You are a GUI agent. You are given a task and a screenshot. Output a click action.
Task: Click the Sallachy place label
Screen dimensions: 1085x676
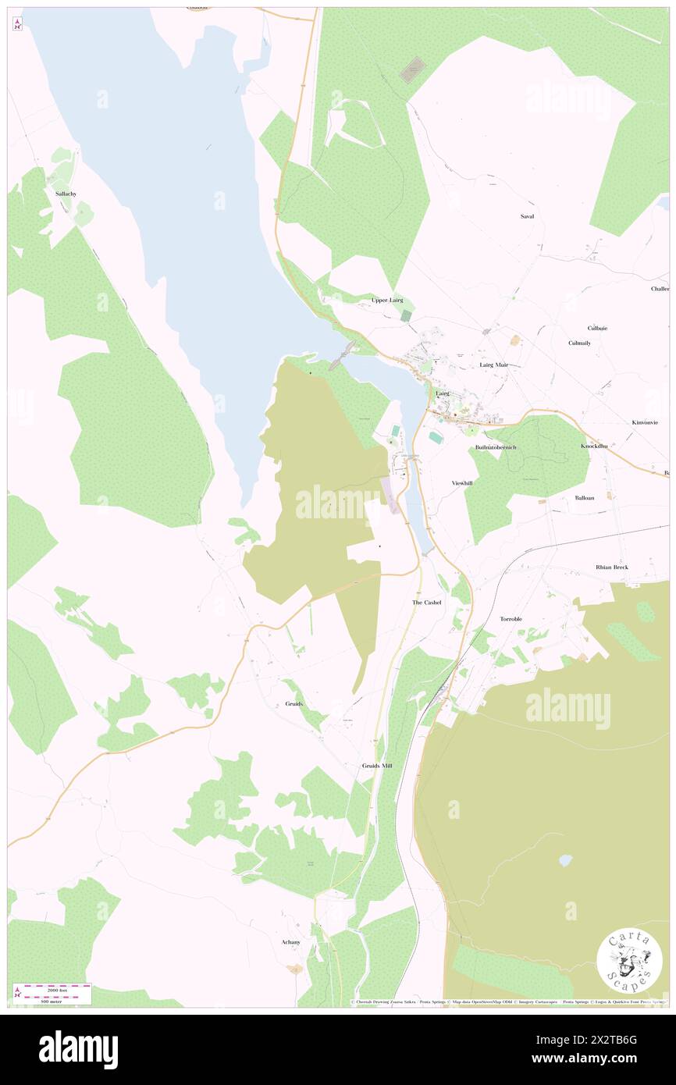pos(66,193)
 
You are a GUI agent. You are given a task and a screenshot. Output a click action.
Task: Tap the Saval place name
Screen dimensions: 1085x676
pos(527,216)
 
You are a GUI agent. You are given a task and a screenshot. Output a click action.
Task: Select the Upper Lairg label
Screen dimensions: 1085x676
pos(390,300)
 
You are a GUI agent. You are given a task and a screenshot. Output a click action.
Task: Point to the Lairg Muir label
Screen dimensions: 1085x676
pos(493,365)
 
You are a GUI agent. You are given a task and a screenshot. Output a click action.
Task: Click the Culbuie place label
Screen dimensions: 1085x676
pos(597,328)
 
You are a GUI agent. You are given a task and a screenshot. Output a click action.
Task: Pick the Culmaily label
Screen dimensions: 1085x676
pos(579,343)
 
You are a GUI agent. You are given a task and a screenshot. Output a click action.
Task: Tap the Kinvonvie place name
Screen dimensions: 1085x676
pos(644,422)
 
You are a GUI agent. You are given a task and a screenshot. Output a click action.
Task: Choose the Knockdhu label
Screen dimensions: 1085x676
pos(594,446)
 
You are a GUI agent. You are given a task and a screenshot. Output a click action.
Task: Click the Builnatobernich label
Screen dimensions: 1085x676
pos(496,446)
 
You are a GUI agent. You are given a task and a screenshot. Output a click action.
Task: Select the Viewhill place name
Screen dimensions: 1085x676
pos(462,483)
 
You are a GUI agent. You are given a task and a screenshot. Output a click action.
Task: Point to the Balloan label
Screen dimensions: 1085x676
pos(585,497)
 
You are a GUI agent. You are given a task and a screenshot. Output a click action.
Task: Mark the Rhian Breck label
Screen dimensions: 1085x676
pos(611,567)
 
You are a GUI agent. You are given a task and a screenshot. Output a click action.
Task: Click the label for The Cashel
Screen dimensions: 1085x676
pos(426,603)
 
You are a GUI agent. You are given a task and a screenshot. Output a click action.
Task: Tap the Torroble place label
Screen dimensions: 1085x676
pos(511,619)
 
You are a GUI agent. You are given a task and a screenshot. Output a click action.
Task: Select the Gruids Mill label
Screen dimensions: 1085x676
pos(377,766)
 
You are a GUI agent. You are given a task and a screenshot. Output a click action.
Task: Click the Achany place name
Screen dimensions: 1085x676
pos(290,942)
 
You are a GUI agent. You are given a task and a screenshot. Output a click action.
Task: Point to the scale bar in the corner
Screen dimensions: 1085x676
pos(52,993)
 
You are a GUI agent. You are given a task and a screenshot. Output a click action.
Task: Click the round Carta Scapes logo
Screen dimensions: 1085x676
pos(629,961)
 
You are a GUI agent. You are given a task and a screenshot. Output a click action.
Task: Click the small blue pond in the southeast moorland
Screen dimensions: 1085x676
pos(564,860)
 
